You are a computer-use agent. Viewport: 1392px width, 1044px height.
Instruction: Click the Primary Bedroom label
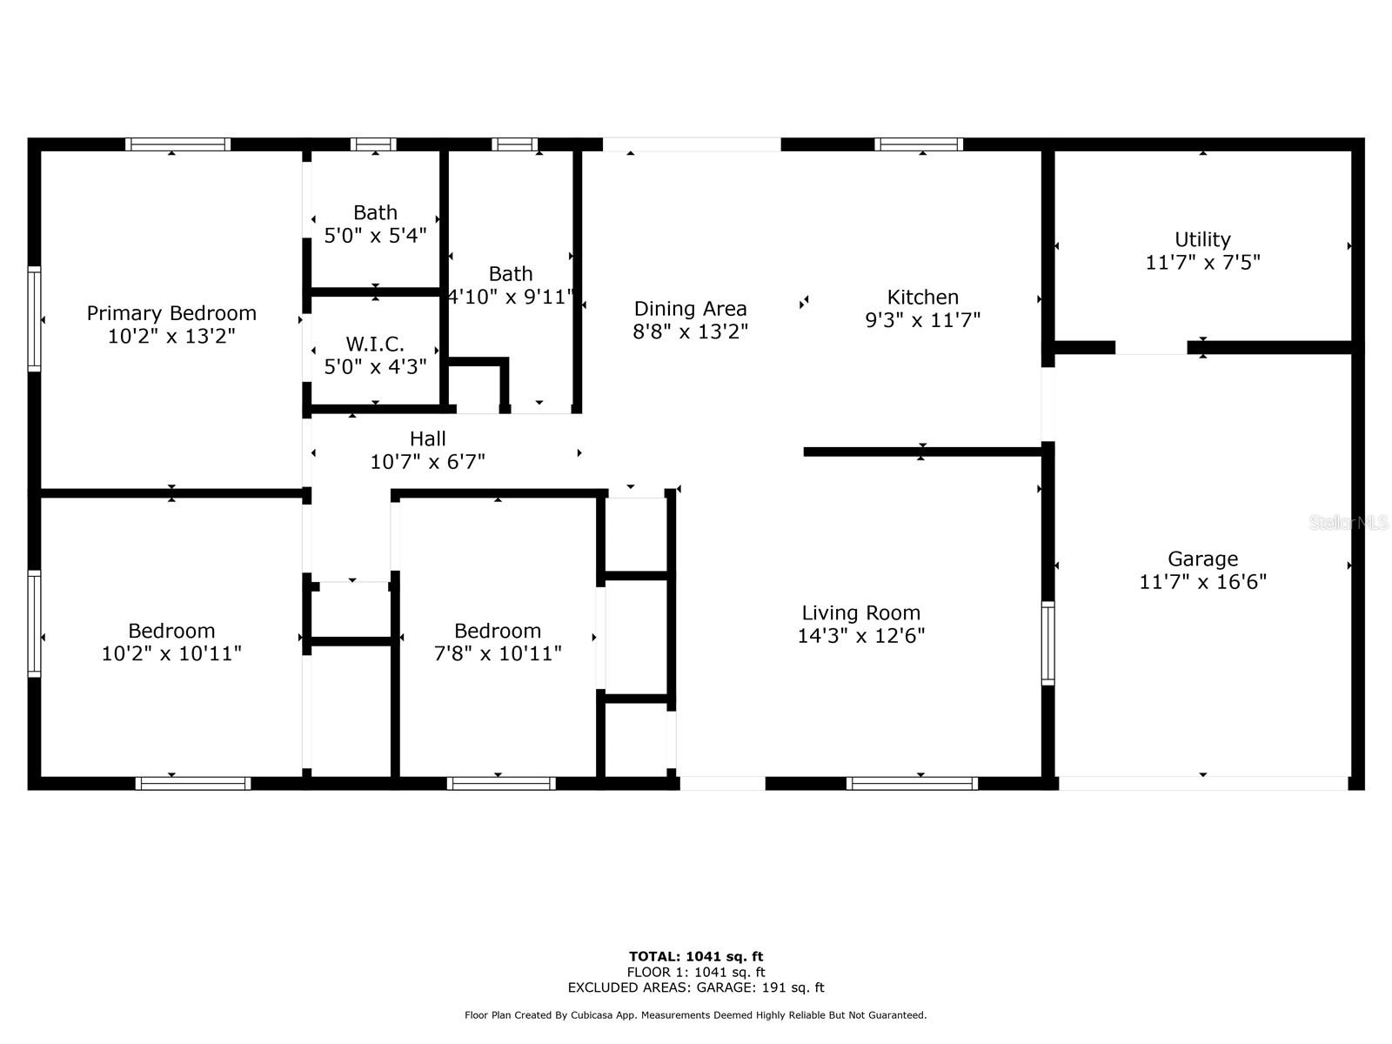point(171,313)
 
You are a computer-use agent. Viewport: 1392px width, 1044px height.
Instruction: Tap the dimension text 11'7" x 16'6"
point(1202,582)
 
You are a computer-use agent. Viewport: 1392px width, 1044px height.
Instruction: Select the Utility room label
point(1202,239)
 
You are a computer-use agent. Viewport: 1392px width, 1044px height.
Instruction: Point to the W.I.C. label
point(375,344)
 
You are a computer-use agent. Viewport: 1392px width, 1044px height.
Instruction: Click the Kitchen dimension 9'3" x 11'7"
point(922,320)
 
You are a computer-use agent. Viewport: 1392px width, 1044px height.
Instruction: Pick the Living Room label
point(860,612)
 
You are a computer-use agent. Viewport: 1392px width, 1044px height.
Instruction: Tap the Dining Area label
point(690,309)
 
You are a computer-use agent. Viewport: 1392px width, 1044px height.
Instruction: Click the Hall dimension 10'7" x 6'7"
point(427,462)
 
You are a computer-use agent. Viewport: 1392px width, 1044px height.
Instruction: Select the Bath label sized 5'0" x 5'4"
point(375,213)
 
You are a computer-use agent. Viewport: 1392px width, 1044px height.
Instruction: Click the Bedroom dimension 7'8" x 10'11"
point(498,653)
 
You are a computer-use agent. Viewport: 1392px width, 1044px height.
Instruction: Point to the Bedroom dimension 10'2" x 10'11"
point(171,653)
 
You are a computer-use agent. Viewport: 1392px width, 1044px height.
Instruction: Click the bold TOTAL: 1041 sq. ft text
point(696,957)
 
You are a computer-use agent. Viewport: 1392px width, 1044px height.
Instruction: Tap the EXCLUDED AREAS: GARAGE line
point(696,987)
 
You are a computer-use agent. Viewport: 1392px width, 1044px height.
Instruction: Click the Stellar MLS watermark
point(1348,522)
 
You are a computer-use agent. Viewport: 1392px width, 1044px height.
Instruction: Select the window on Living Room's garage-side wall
point(1048,643)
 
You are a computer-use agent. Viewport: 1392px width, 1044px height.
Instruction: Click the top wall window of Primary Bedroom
point(177,144)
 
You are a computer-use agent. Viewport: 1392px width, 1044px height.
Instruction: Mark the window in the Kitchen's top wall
point(919,144)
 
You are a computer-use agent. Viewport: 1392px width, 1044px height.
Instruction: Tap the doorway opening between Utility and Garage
point(1150,348)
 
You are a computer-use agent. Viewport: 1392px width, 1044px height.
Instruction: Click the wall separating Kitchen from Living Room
point(922,452)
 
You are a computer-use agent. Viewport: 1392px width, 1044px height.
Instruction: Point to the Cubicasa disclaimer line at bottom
point(696,1015)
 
